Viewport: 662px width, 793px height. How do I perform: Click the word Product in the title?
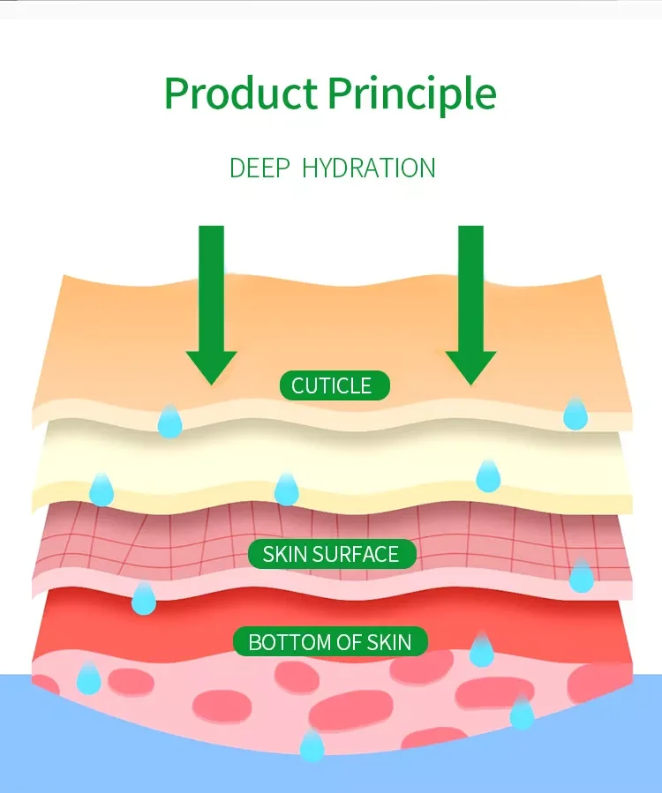[241, 94]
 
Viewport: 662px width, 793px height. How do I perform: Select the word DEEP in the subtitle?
[259, 168]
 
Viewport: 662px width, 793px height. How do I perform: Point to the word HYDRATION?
[368, 168]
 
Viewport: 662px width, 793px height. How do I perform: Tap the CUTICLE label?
[334, 385]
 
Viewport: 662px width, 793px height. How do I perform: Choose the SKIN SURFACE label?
[331, 554]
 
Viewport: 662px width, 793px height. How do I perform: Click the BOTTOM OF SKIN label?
[330, 641]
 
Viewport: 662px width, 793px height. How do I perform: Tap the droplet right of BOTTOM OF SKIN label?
[481, 650]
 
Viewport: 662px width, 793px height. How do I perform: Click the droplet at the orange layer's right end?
[575, 413]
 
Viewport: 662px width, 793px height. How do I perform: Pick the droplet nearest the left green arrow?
[169, 421]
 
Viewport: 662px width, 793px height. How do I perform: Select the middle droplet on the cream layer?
[286, 489]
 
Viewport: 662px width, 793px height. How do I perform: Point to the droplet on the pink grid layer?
[581, 575]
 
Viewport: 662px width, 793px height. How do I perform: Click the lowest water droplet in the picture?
[312, 744]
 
